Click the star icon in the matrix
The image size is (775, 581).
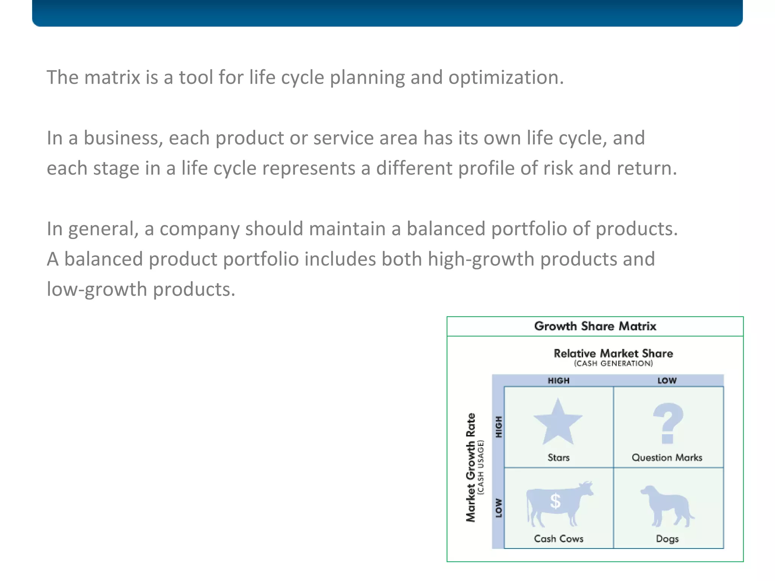tap(558, 423)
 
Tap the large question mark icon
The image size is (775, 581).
tap(668, 423)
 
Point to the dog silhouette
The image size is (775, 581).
tap(667, 506)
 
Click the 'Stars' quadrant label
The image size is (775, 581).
tap(559, 458)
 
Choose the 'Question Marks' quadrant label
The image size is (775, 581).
tap(667, 458)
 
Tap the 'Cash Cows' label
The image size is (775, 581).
tap(559, 539)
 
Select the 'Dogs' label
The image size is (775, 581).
tap(667, 539)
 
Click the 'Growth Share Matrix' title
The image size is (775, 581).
tap(595, 326)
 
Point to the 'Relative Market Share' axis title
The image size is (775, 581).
tap(613, 353)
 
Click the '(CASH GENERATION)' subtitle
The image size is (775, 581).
tap(613, 364)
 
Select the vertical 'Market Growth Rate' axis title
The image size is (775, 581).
tap(470, 468)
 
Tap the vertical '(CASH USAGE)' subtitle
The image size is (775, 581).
tap(481, 468)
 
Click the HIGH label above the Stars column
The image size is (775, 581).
tap(559, 381)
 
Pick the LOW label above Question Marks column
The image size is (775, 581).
tap(667, 381)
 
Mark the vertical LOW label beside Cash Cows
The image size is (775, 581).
tap(499, 508)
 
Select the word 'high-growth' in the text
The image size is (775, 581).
tap(481, 259)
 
